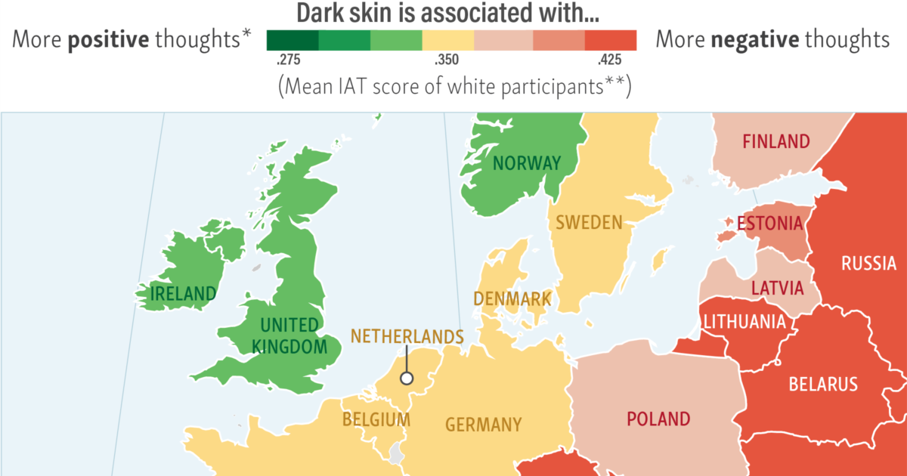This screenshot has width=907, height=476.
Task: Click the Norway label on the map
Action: point(527,163)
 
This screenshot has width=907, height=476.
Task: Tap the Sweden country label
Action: point(589,223)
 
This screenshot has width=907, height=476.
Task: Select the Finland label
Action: point(775,141)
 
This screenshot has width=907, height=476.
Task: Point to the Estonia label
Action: point(769,224)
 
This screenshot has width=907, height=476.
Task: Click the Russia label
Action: point(868,264)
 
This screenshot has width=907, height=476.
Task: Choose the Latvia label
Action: point(777,288)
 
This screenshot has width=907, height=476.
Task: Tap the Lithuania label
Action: point(744,322)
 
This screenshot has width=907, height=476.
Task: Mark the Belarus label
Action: point(823,384)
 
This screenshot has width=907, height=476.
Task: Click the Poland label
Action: point(658,419)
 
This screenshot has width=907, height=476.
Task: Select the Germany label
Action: point(483,425)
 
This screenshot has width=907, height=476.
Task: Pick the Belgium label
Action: point(376,419)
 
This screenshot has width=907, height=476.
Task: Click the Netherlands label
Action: point(407,336)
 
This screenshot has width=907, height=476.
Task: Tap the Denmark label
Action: point(512,298)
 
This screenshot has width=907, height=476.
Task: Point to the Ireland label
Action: point(183,293)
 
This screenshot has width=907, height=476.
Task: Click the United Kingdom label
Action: point(289,336)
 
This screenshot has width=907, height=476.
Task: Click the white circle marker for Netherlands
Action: point(407,379)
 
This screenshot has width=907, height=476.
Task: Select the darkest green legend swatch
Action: point(293,40)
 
